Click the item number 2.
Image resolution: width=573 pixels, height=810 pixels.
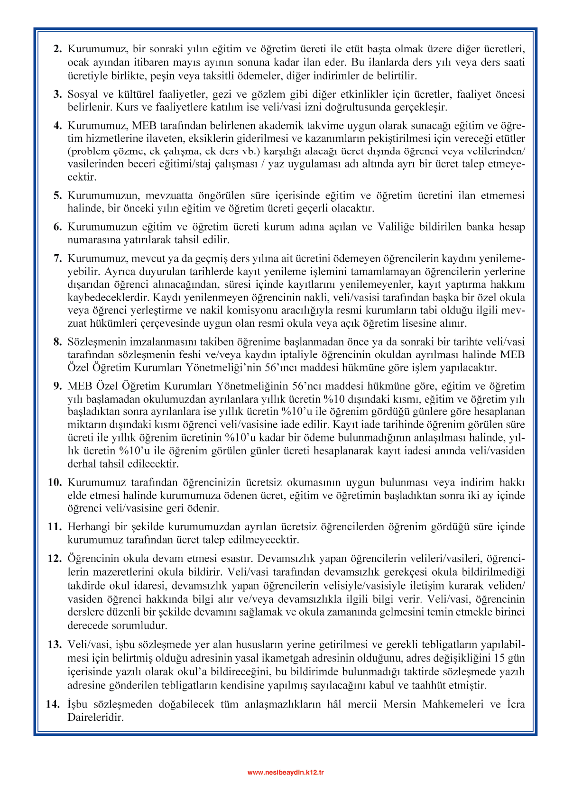58,49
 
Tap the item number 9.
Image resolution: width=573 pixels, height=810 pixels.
58,386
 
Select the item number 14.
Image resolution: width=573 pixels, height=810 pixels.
53,704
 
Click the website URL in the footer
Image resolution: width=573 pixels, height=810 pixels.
286,772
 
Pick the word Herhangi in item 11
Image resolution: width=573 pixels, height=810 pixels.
87,527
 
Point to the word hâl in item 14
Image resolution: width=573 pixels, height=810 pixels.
334,704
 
